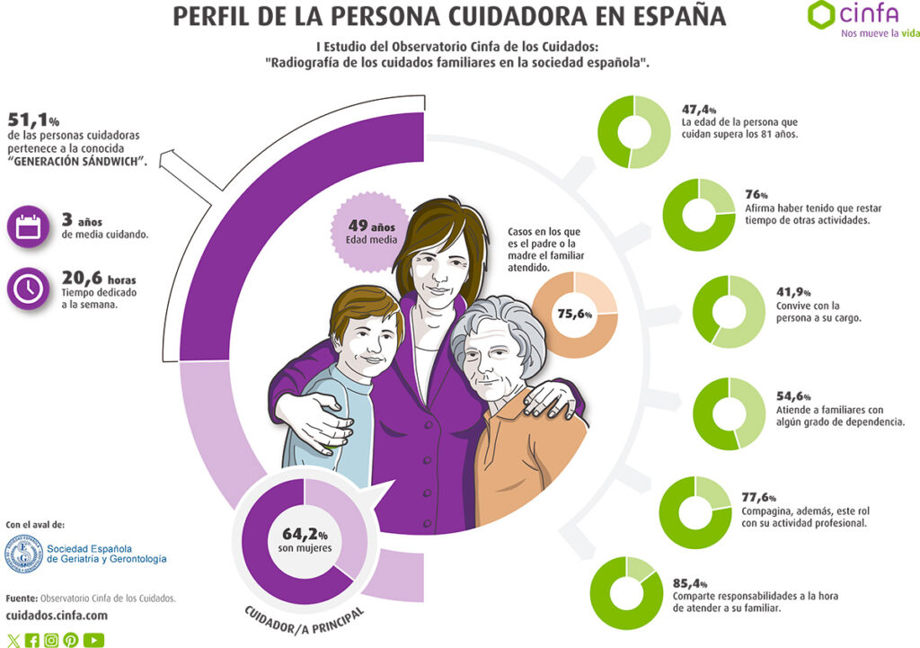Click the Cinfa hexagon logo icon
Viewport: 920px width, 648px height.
822,15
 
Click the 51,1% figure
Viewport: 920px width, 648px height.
32,120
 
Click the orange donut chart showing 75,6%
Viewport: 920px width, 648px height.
575,314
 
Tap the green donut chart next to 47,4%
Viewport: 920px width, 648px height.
633,130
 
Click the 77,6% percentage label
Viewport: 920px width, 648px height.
758,498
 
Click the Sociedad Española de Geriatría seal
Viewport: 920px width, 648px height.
23,554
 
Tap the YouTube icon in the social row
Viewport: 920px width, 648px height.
93,640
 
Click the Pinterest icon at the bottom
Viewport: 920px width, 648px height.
71,640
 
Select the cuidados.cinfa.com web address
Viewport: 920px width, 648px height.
57,616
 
